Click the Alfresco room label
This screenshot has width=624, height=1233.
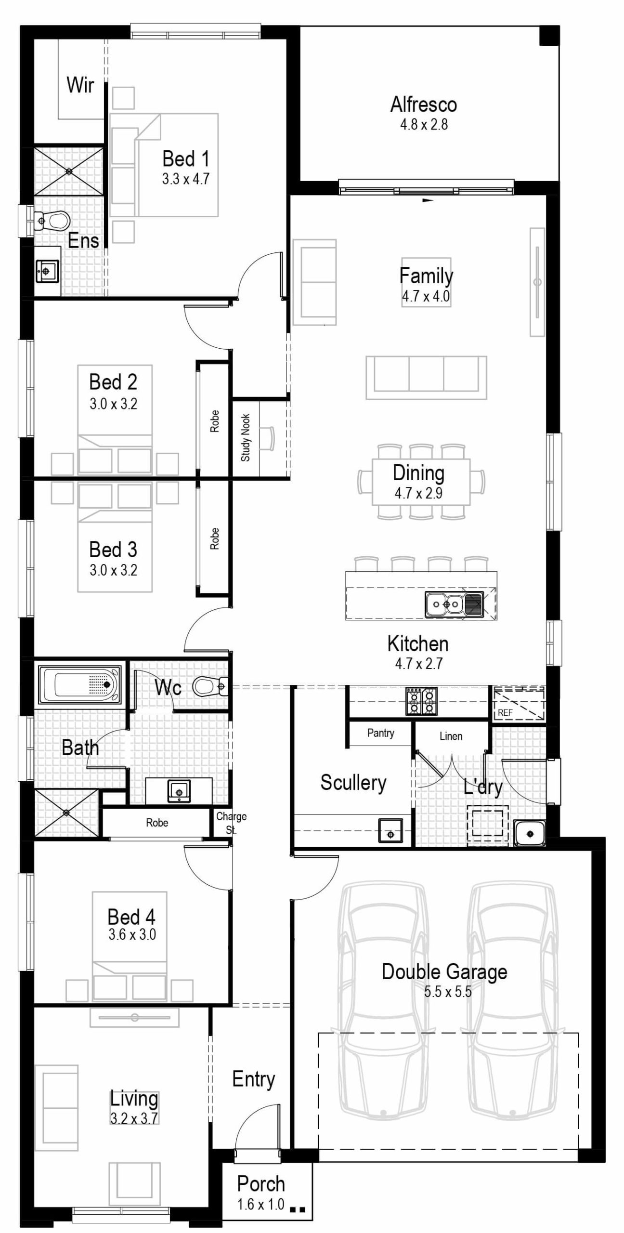pos(423,105)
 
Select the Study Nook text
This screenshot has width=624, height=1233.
pos(246,437)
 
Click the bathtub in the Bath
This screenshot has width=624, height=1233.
pos(80,684)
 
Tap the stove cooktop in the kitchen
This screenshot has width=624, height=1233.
pos(421,701)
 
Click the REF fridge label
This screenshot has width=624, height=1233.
pos(505,712)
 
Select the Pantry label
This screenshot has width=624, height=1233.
pos(380,733)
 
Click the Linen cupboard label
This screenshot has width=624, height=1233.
pos(451,736)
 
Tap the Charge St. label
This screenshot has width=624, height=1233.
pos(231,823)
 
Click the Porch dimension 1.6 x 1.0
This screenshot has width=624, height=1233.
pos(260,1204)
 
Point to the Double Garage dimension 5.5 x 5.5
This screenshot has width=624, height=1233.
pos(447,992)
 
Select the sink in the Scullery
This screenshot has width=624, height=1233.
pos(390,830)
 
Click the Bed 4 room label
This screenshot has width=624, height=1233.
pos(131,917)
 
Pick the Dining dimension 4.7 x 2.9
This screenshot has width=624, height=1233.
pos(418,493)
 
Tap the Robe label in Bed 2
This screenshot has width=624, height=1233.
pos(214,421)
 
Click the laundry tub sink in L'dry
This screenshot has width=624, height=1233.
pos(529,833)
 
